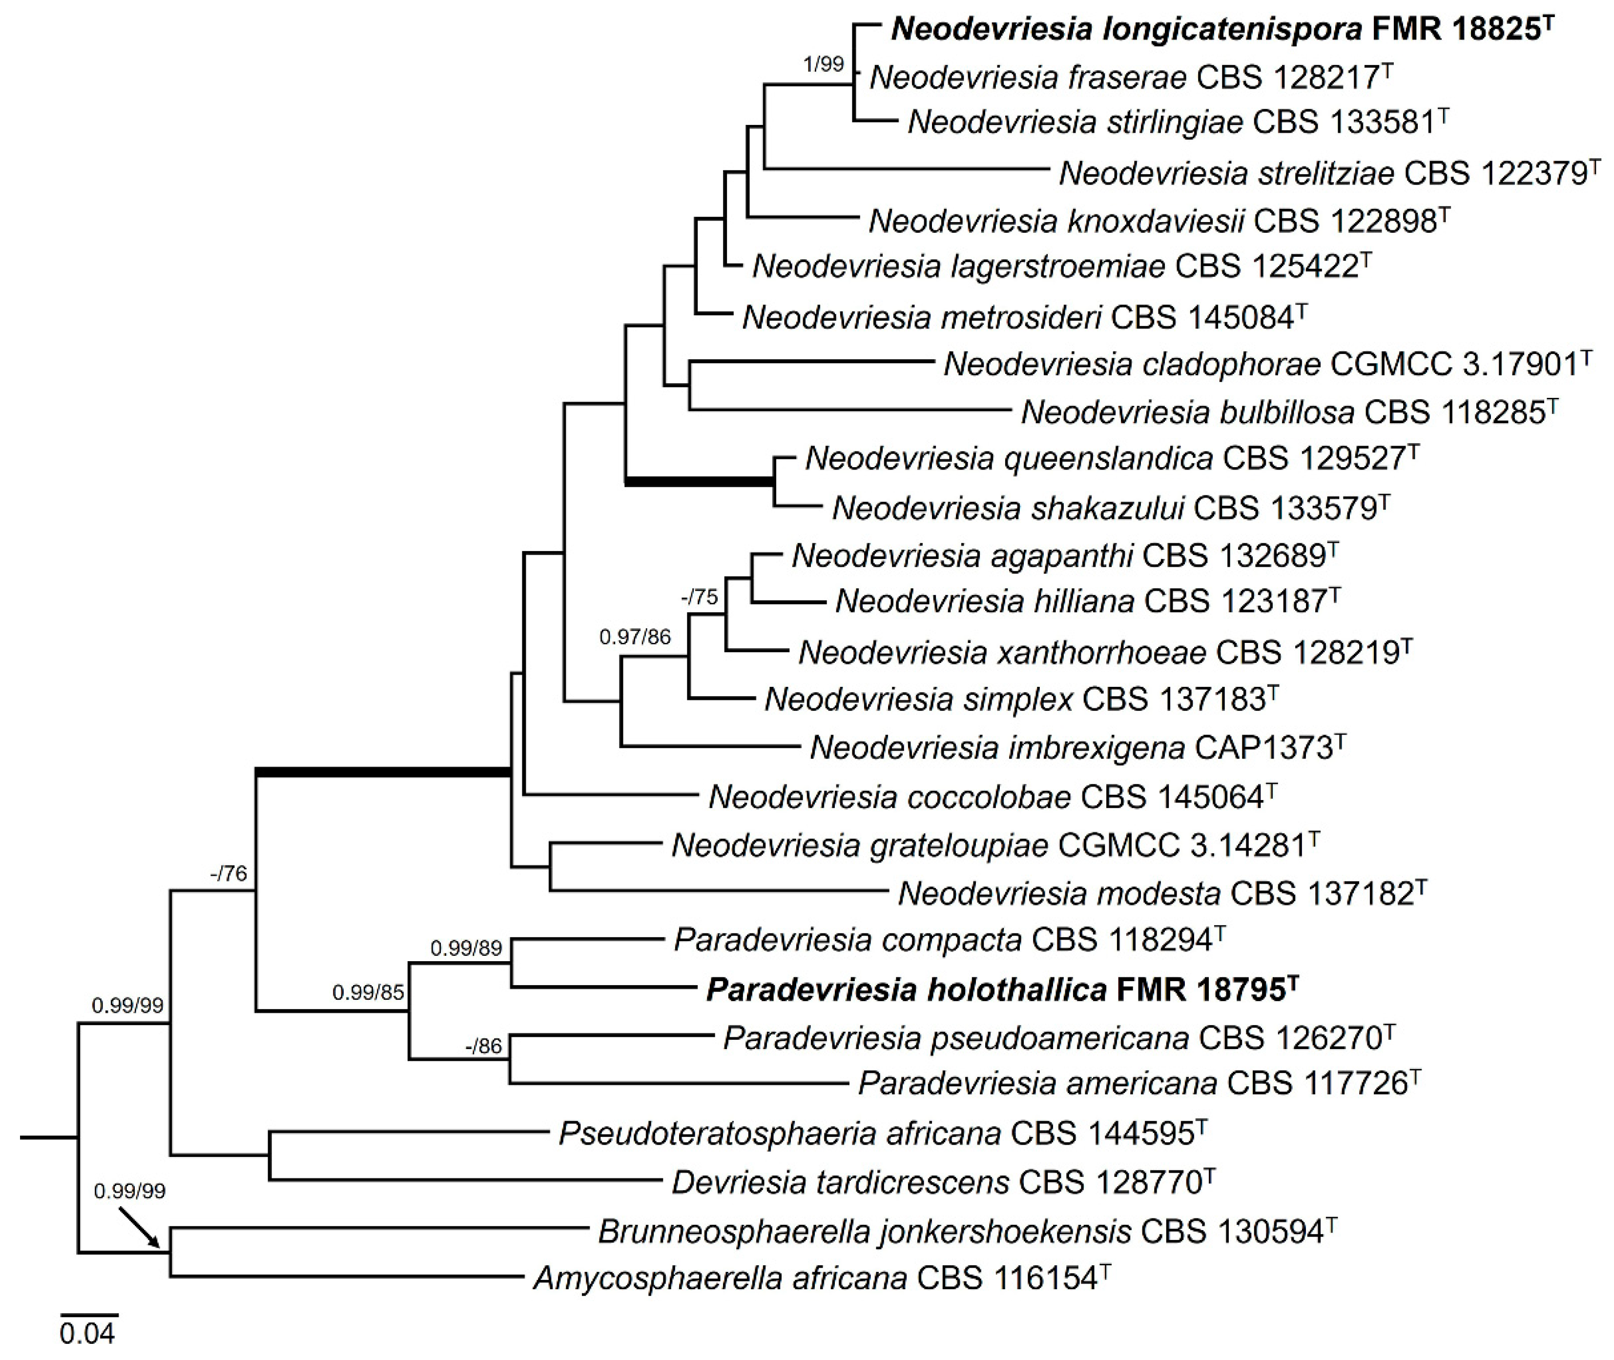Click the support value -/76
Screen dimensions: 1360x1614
click(x=228, y=873)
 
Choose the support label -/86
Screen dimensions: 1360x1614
click(x=483, y=1046)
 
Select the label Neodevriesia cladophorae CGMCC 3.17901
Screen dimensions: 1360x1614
click(x=1267, y=364)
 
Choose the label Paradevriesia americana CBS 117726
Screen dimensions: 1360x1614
click(x=1139, y=1084)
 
